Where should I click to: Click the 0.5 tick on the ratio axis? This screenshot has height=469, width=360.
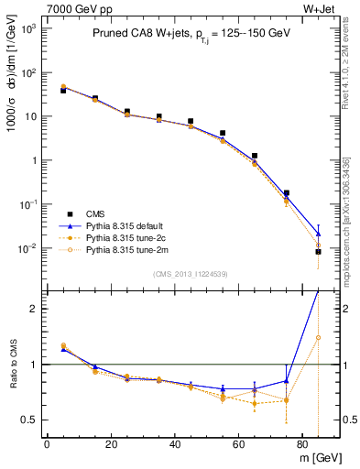click(x=34, y=420)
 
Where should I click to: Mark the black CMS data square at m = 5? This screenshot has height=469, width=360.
click(x=63, y=91)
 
